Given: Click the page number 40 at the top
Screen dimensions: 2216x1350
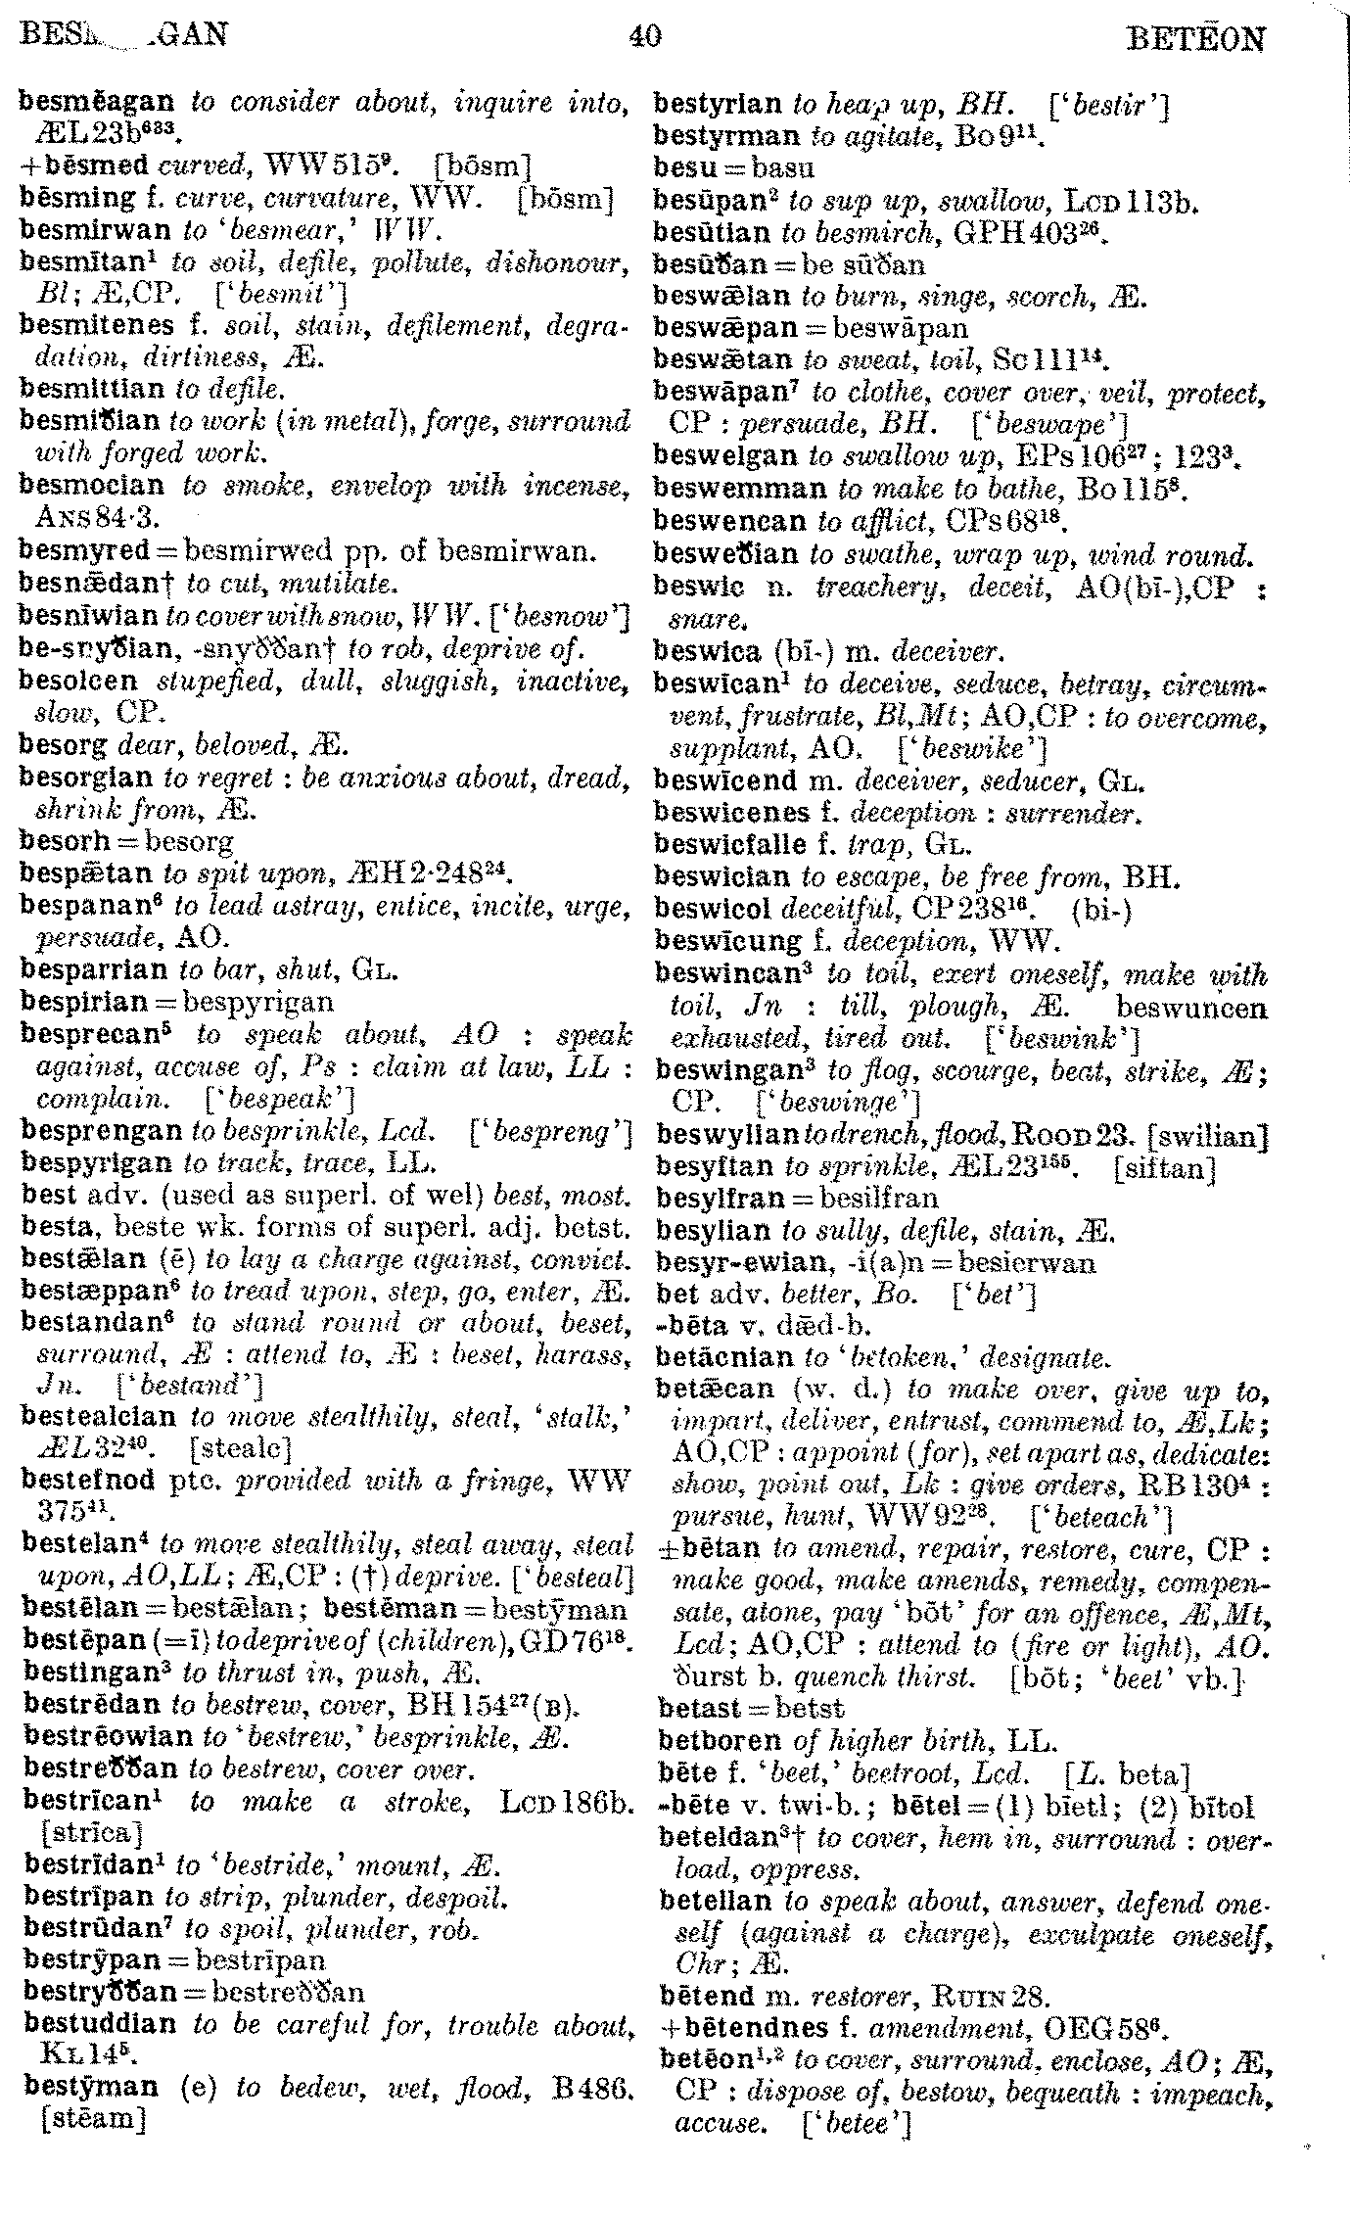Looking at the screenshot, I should pos(645,36).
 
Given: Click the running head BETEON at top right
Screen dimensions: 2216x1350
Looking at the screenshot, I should pos(1196,39).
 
